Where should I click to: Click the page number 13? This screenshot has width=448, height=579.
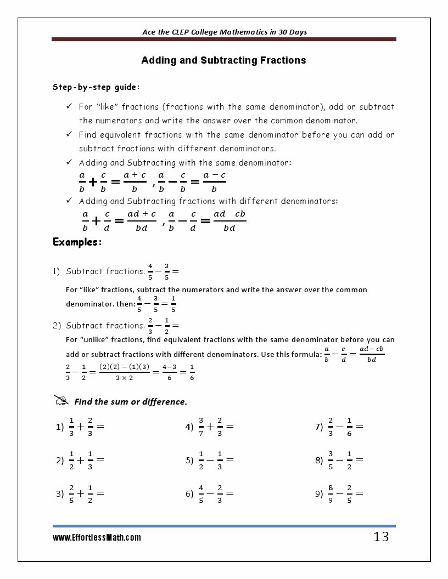pos(380,537)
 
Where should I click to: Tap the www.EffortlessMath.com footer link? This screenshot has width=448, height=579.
pos(97,538)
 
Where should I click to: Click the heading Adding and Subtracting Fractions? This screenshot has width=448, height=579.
pos(223,60)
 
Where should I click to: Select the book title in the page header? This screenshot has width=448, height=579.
pos(224,32)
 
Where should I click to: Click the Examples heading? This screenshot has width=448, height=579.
pos(77,242)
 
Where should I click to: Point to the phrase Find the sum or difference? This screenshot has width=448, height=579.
pos(131,402)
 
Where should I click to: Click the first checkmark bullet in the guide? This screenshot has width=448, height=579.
pos(69,106)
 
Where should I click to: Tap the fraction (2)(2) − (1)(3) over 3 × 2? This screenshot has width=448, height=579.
pos(124,372)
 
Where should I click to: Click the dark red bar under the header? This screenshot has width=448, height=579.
pos(224,39)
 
